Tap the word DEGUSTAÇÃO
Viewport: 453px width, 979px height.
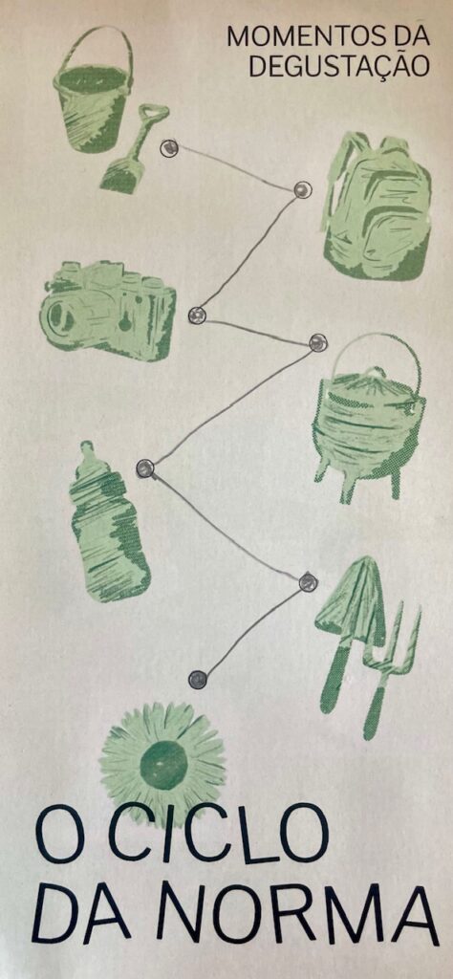pos(339,65)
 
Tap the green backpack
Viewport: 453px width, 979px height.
pos(377,207)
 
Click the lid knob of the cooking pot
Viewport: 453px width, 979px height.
pos(375,374)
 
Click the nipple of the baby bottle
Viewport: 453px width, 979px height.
pos(87,451)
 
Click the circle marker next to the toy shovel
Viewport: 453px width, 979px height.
pos(169,148)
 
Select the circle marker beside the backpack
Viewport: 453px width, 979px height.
pos(303,189)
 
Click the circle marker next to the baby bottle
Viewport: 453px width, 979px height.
pos(144,468)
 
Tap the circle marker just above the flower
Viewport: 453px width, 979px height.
pos(197,680)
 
